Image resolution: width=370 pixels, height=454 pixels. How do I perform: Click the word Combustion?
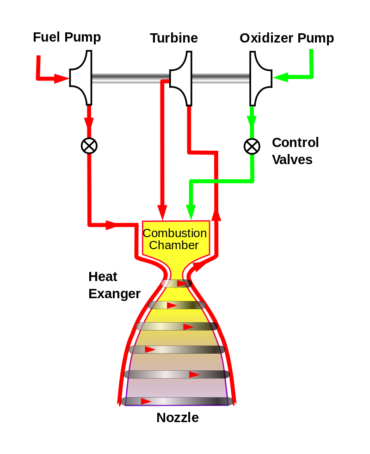[x=175, y=233]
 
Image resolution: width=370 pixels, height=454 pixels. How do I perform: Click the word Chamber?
[x=174, y=245]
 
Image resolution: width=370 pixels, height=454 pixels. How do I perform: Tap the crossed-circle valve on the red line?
[x=89, y=146]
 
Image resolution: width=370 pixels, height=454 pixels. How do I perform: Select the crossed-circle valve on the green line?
[x=252, y=146]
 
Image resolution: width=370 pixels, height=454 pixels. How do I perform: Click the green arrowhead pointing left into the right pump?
[x=280, y=77]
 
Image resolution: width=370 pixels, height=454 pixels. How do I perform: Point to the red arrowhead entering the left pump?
[x=62, y=79]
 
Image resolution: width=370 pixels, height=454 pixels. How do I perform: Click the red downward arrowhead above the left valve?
[x=89, y=123]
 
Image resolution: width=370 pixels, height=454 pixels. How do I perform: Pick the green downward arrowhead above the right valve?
[x=252, y=121]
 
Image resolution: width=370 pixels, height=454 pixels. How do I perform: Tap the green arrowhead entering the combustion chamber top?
[x=190, y=212]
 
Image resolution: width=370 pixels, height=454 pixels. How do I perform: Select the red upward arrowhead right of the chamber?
[x=216, y=215]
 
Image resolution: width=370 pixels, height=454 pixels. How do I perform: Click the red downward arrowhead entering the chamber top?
[x=162, y=212]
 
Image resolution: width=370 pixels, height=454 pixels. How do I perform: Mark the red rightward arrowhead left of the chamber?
[x=111, y=225]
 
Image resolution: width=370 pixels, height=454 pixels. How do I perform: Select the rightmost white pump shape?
[x=260, y=78]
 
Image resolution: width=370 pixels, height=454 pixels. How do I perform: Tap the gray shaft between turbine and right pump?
[x=221, y=79]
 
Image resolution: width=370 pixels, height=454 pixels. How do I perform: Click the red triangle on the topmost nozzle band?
[x=182, y=283]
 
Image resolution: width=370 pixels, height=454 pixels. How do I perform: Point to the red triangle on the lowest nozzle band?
[x=146, y=401]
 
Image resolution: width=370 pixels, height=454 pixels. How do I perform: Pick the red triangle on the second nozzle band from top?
[x=172, y=305]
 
